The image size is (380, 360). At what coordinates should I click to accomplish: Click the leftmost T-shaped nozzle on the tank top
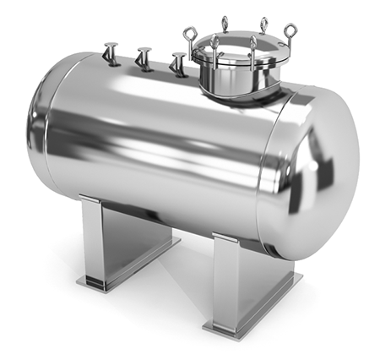click(x=111, y=53)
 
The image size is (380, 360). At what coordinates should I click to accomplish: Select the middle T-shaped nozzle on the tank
click(x=144, y=58)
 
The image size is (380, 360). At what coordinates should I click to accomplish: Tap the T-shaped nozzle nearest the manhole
click(x=178, y=64)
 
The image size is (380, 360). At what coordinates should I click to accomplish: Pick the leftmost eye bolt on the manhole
click(x=191, y=35)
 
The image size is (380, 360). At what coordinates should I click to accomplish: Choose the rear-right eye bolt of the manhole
click(x=263, y=25)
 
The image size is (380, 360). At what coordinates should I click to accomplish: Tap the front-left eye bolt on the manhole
click(x=215, y=45)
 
